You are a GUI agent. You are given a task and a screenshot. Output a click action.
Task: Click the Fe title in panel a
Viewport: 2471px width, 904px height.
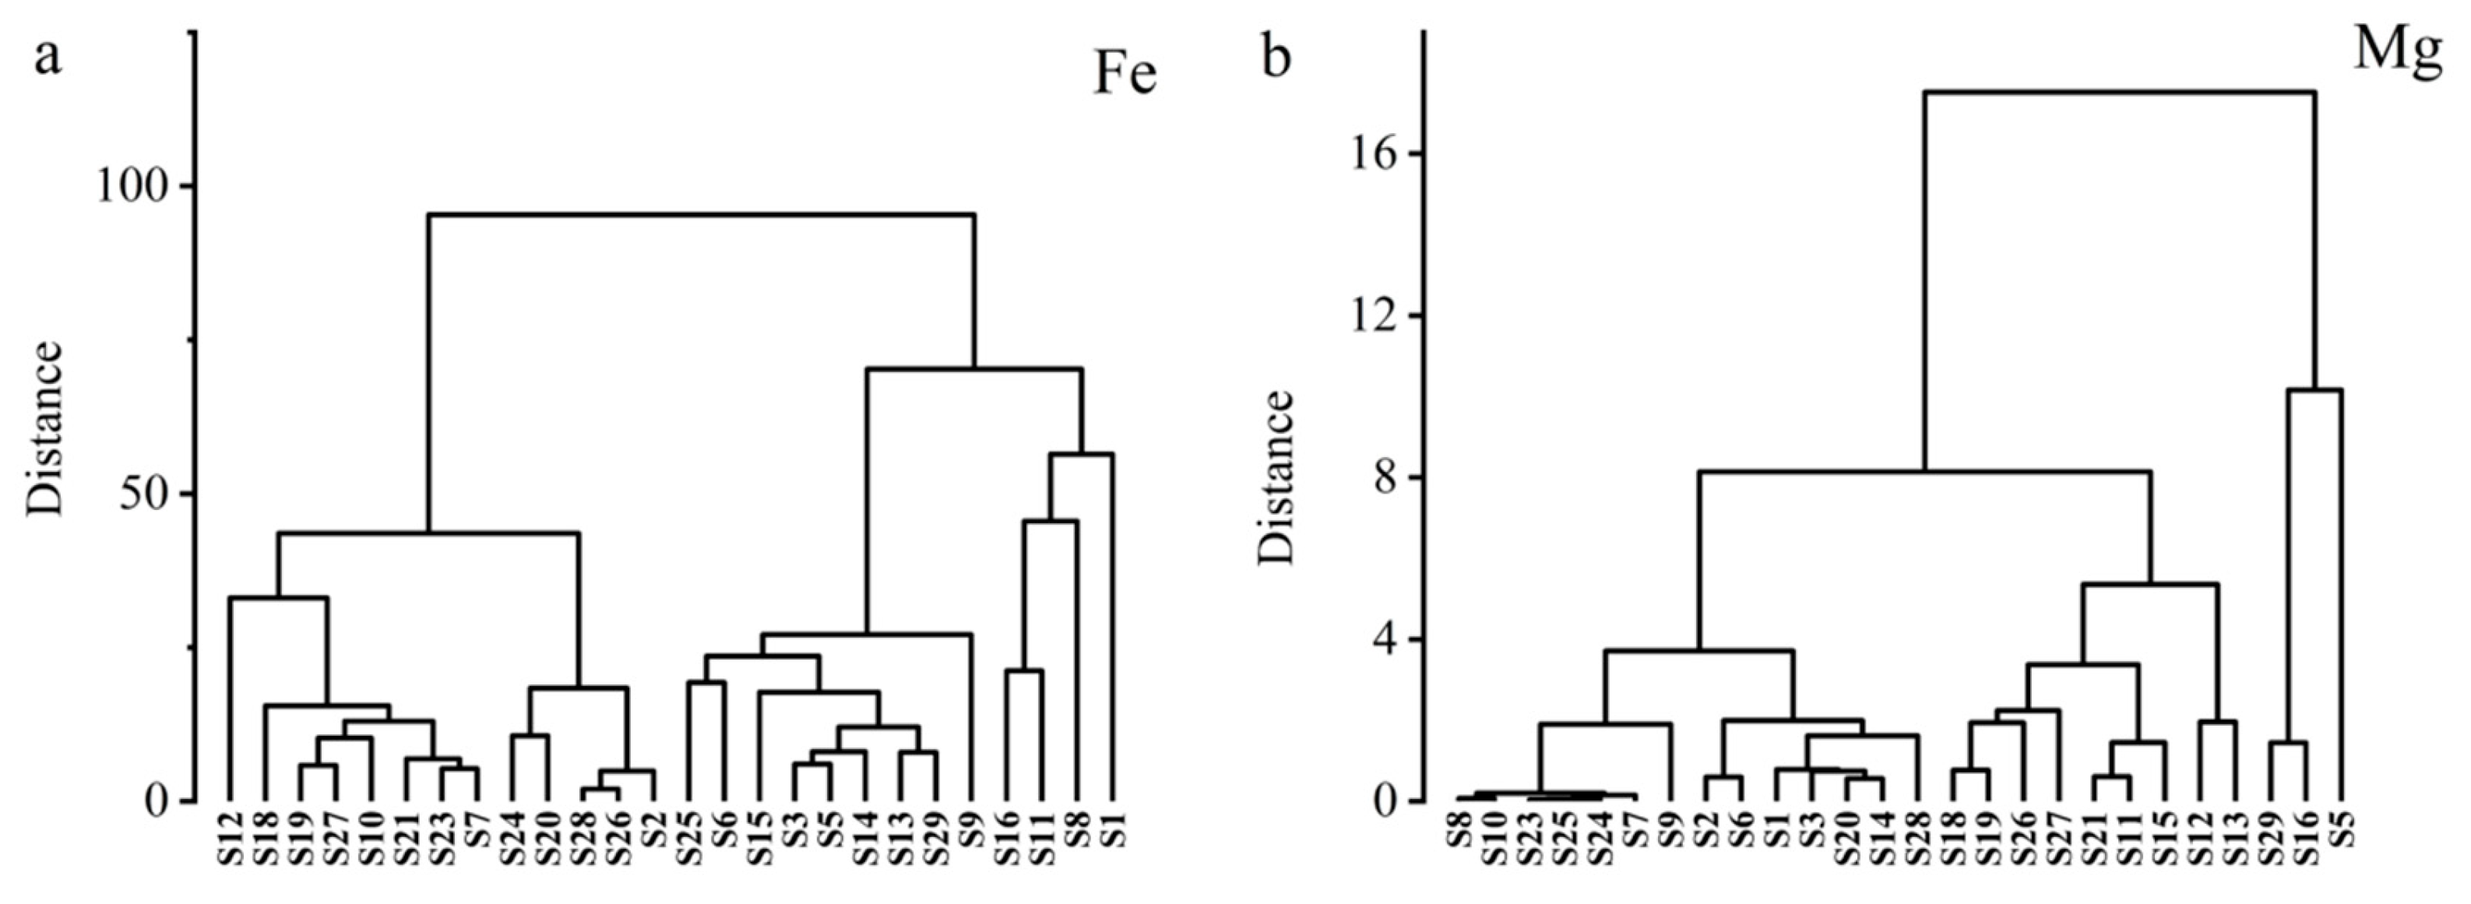pos(1125,75)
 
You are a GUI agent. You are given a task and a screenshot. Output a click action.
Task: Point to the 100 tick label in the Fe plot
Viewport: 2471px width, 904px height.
pos(132,186)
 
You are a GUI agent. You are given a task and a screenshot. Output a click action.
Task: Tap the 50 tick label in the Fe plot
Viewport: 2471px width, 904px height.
pos(144,494)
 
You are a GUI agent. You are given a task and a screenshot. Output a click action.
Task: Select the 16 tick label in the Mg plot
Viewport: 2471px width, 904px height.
pos(1374,154)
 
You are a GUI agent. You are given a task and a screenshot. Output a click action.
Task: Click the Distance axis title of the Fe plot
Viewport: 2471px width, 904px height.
pos(44,428)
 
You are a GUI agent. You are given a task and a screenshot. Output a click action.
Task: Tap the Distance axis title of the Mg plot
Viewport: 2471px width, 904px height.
pos(1276,477)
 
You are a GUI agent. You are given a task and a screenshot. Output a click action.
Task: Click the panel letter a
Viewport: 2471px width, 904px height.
pos(48,58)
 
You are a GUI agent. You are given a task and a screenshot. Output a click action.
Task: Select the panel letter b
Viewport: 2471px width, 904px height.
pos(1276,58)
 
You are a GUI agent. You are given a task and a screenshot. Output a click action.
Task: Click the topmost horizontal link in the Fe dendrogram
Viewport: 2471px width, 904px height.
pos(701,216)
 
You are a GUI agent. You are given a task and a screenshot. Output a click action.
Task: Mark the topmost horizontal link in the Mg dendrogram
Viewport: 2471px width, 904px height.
pos(2119,92)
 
